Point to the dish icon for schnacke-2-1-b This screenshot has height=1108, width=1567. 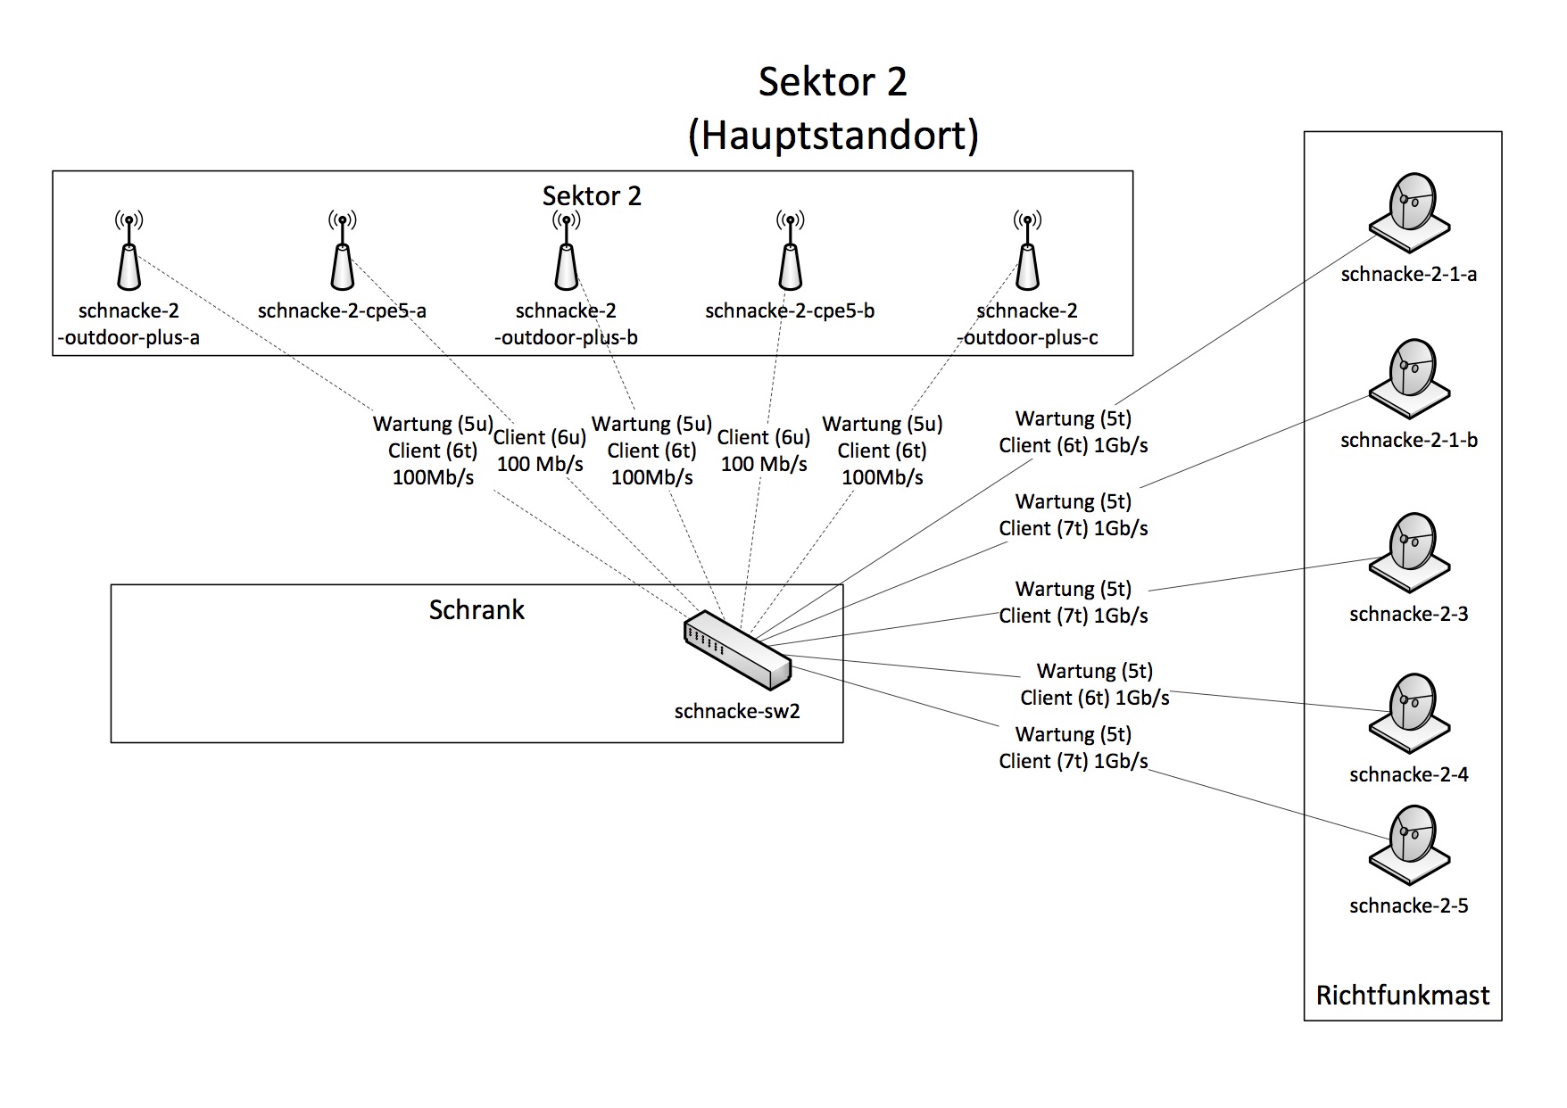point(1409,378)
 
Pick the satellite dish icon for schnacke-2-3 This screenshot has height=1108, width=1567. point(1409,552)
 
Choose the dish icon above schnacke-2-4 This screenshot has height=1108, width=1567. point(1409,714)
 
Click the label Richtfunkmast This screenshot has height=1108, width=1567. point(1403,995)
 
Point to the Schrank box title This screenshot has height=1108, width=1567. point(477,610)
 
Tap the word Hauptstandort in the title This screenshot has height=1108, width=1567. point(833,136)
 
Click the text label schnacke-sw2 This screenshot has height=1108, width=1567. point(737,711)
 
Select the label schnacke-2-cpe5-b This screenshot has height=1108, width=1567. point(790,311)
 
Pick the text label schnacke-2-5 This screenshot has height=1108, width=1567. point(1408,905)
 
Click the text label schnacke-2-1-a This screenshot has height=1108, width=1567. point(1408,275)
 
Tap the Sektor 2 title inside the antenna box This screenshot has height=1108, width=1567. point(592,196)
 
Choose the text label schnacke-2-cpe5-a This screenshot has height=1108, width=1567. point(342,311)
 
